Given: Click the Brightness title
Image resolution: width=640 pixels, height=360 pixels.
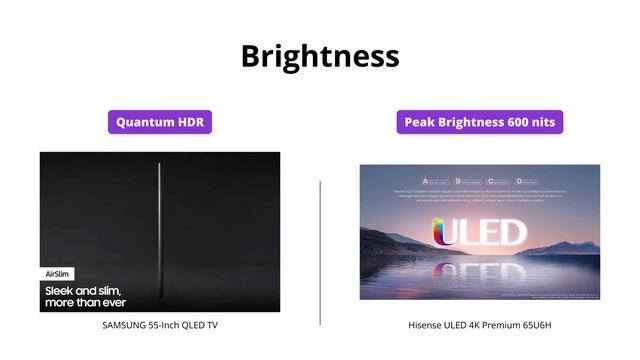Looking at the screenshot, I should click(x=320, y=55).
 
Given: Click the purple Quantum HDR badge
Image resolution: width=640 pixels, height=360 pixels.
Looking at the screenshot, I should click(x=160, y=122).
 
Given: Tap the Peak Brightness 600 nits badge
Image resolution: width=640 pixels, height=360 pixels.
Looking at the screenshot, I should click(x=479, y=122).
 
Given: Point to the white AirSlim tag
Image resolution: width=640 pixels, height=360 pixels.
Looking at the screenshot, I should click(x=57, y=273).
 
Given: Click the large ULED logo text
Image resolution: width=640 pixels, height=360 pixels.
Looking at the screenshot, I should click(x=479, y=233).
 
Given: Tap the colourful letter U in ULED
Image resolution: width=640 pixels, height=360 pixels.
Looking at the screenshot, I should click(x=445, y=233).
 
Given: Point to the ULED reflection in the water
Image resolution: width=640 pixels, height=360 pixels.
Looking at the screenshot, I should click(x=479, y=270).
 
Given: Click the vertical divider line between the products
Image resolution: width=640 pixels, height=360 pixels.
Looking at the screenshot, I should click(x=320, y=252).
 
